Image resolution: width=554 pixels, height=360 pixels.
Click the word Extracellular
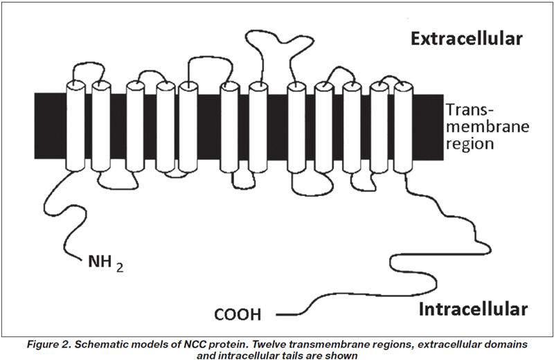pyautogui.click(x=466, y=39)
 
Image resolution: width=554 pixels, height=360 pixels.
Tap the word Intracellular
pyautogui.click(x=473, y=309)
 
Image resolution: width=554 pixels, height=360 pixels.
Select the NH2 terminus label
pyautogui.click(x=106, y=263)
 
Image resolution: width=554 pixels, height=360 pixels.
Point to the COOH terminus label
pyautogui.click(x=238, y=314)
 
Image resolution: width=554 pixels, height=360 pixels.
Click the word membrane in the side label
pyautogui.click(x=488, y=127)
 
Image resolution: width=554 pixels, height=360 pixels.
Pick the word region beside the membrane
pyautogui.click(x=470, y=144)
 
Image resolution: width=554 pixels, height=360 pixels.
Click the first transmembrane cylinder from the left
pyautogui.click(x=76, y=126)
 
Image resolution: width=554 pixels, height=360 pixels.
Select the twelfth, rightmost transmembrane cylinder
pyautogui.click(x=403, y=127)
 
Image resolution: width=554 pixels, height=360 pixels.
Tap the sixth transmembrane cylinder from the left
pyautogui.click(x=229, y=127)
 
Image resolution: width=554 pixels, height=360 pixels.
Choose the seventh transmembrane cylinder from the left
pyautogui.click(x=258, y=127)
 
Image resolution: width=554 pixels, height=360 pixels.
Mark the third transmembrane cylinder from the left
pyautogui.click(x=135, y=127)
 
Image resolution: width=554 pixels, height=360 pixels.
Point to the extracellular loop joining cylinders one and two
pyautogui.click(x=89, y=64)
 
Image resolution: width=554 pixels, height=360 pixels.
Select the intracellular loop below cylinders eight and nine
pyautogui.click(x=311, y=194)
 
